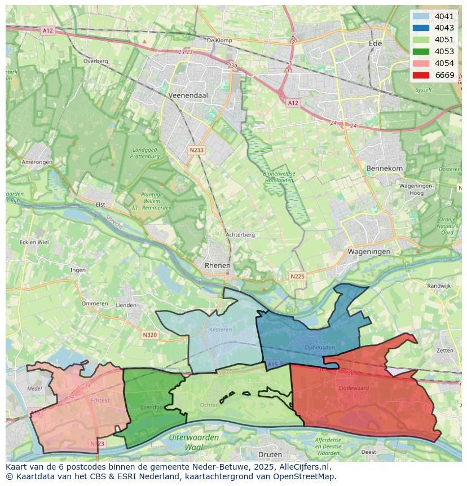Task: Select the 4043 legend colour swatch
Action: pyautogui.click(x=421, y=28)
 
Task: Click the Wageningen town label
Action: pyautogui.click(x=369, y=252)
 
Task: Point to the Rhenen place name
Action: pyautogui.click(x=217, y=265)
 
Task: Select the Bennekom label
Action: pyautogui.click(x=385, y=168)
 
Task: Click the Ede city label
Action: pyautogui.click(x=375, y=43)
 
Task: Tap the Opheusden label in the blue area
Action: pyautogui.click(x=320, y=347)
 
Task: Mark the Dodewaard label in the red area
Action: pyautogui.click(x=354, y=388)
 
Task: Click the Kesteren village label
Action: pyautogui.click(x=221, y=329)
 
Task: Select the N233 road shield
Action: pyautogui.click(x=196, y=150)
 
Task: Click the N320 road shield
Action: pyautogui.click(x=149, y=335)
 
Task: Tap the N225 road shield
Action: pyautogui.click(x=297, y=276)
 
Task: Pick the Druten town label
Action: pyautogui.click(x=270, y=454)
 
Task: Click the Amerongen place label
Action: pyautogui.click(x=37, y=162)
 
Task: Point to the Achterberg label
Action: pyautogui.click(x=240, y=235)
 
